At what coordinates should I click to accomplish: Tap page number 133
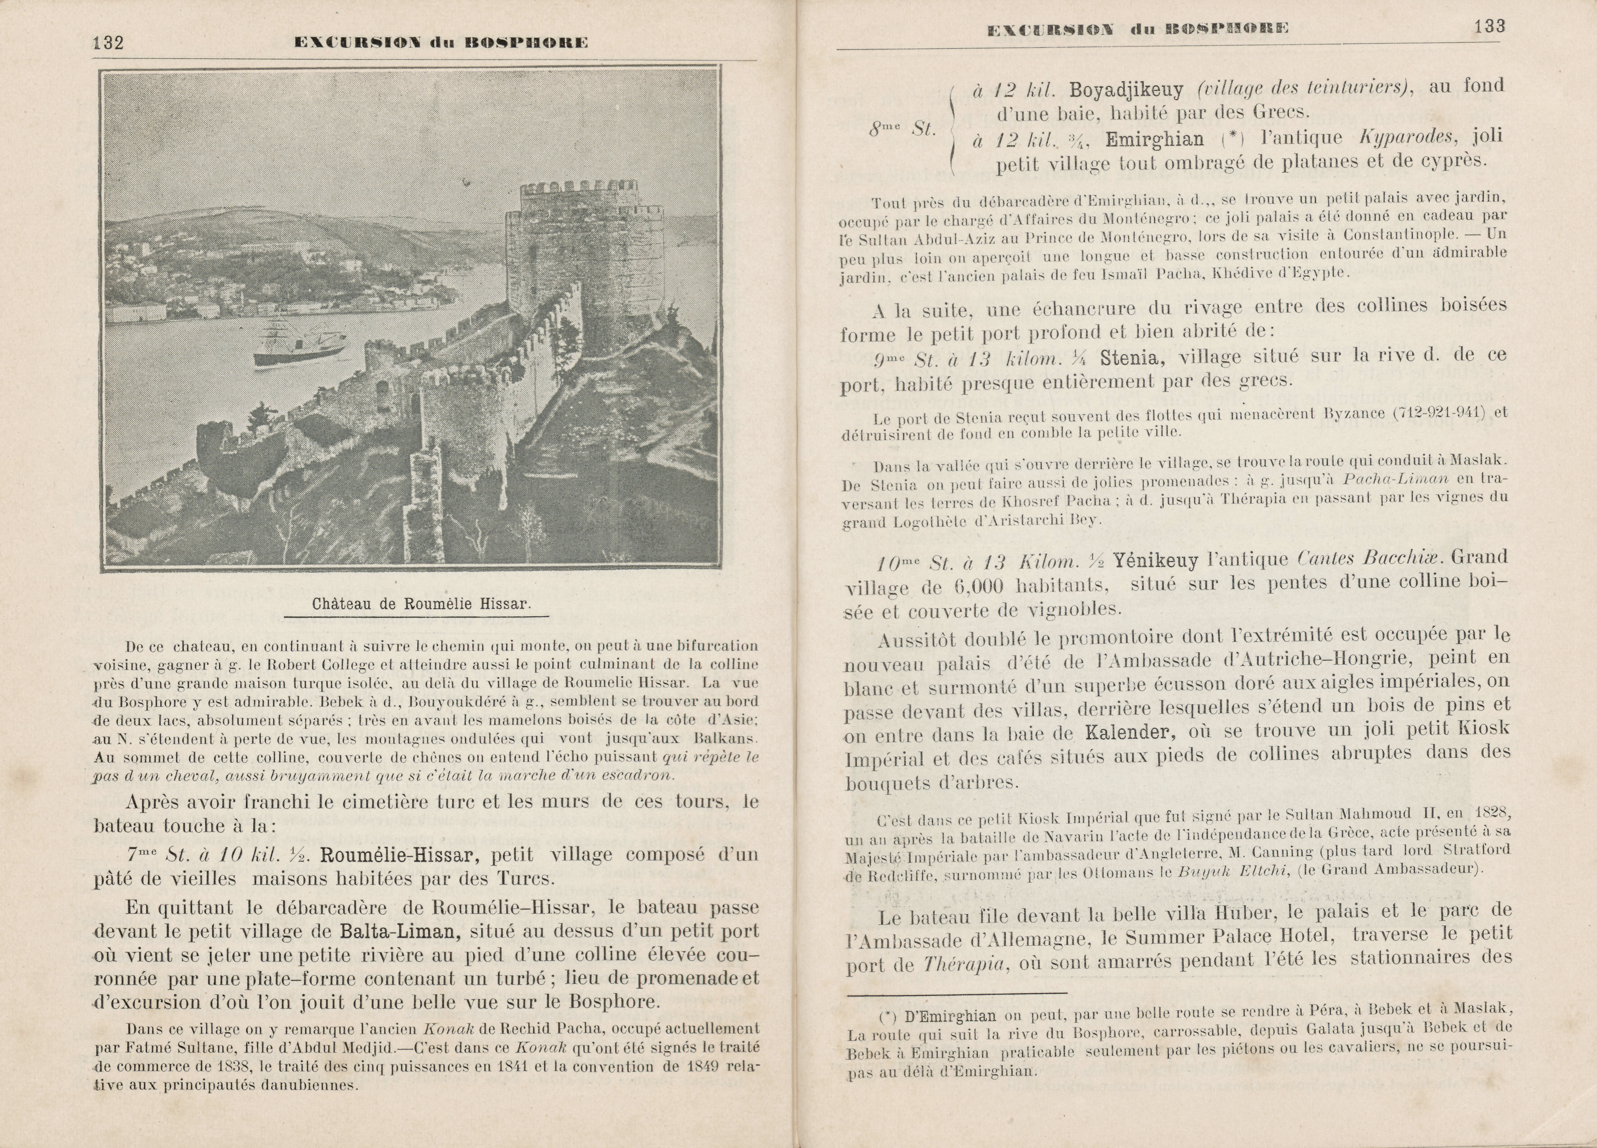tap(1489, 27)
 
